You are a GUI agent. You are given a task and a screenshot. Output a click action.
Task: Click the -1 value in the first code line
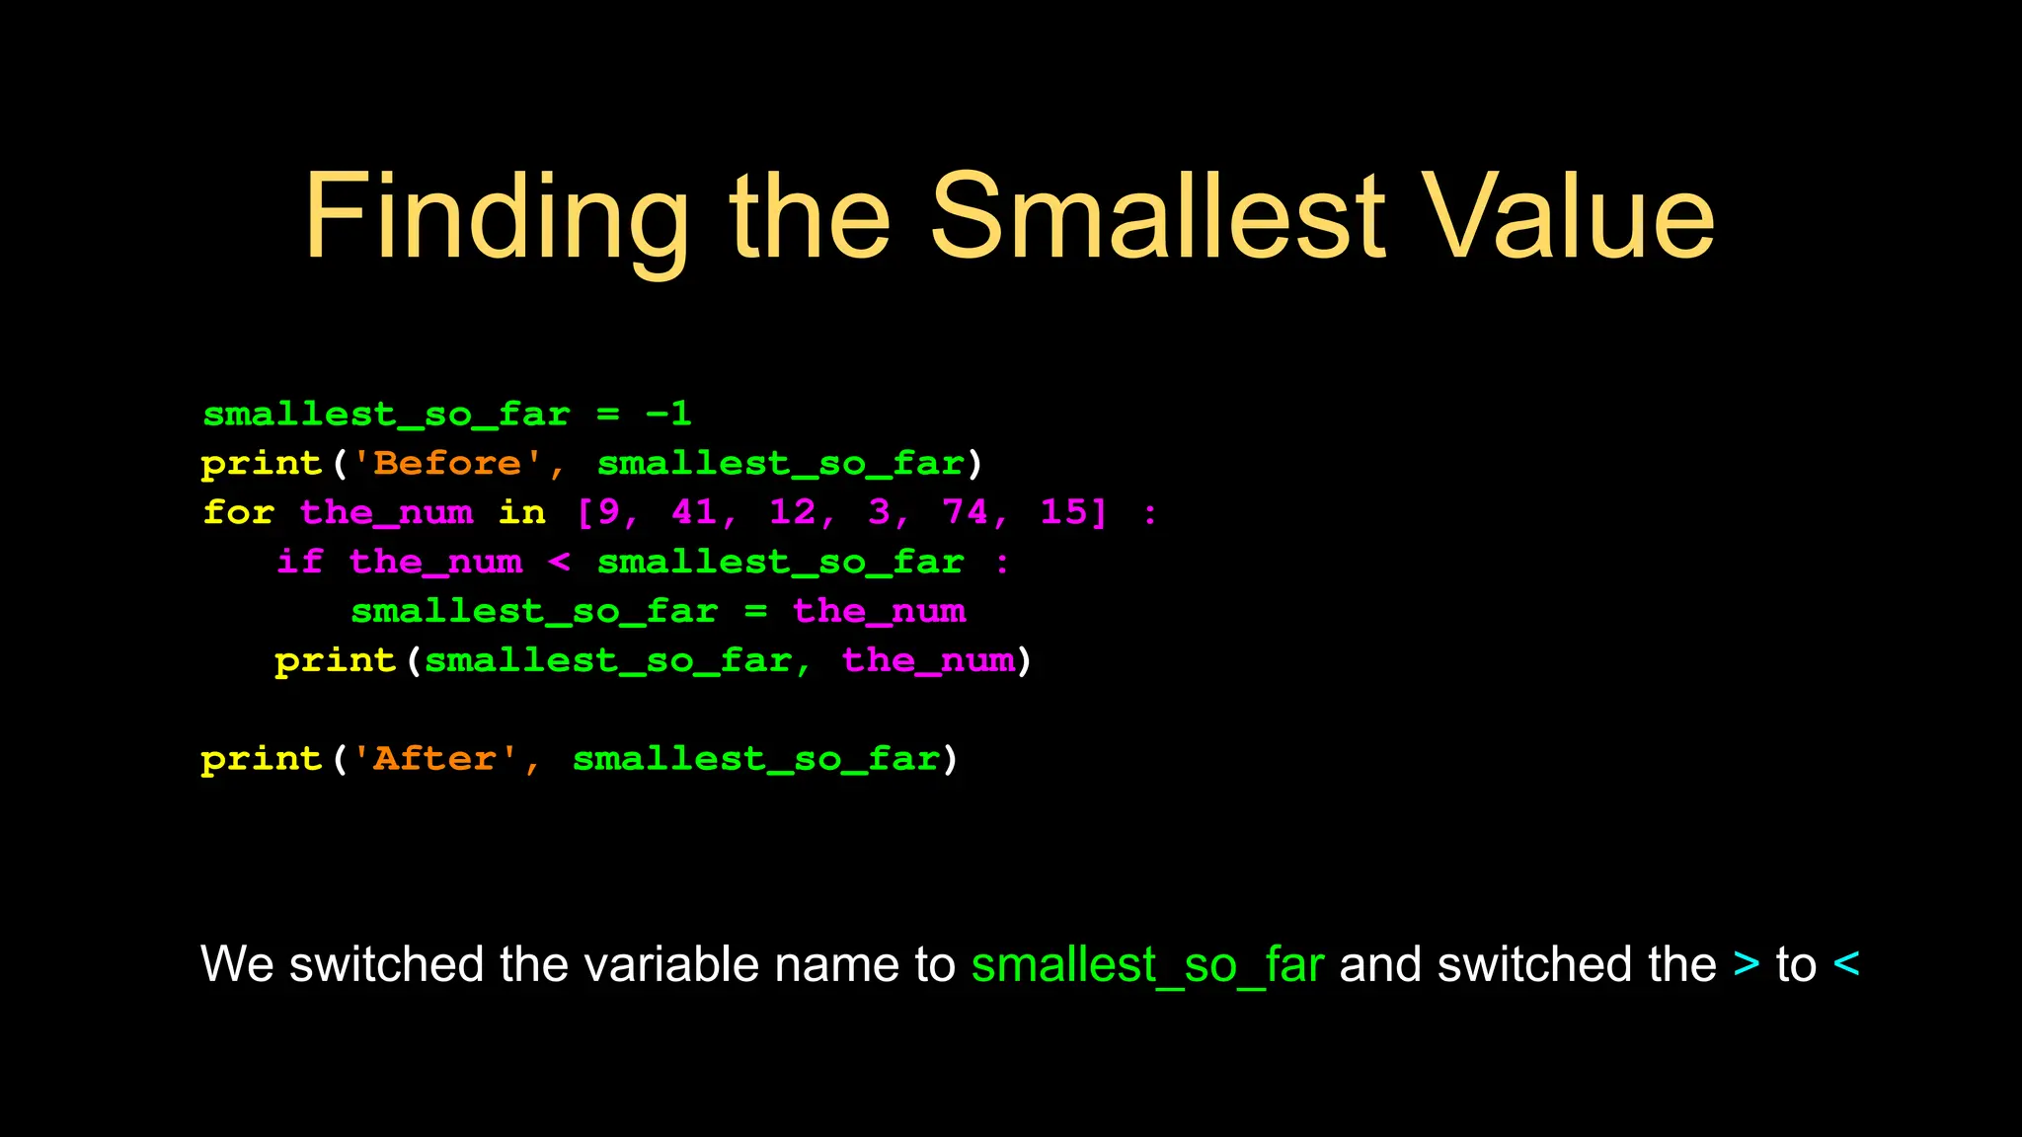[668, 415]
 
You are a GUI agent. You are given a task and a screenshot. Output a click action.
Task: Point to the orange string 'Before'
[447, 464]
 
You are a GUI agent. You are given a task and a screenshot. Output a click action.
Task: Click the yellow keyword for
[238, 513]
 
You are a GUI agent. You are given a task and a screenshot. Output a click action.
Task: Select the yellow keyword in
[521, 513]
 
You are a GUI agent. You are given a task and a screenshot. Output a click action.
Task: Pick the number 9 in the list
[608, 512]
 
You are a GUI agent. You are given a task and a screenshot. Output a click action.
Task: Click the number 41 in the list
[694, 512]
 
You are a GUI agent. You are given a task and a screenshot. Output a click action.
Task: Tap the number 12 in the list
[793, 512]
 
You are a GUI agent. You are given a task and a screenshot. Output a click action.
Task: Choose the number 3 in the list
[879, 512]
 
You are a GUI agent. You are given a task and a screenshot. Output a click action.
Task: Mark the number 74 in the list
[965, 512]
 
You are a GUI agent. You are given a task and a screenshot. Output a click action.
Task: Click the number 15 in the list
[1063, 512]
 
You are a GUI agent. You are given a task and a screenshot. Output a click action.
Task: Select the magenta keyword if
[300, 563]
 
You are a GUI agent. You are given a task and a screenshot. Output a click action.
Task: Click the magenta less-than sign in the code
[559, 563]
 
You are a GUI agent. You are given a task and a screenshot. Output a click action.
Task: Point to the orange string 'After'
[435, 759]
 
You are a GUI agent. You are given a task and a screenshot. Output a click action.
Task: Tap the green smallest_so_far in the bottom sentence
[1146, 964]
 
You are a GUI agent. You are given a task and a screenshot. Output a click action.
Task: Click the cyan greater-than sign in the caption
[1747, 964]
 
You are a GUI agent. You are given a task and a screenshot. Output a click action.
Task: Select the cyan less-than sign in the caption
[1845, 964]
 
